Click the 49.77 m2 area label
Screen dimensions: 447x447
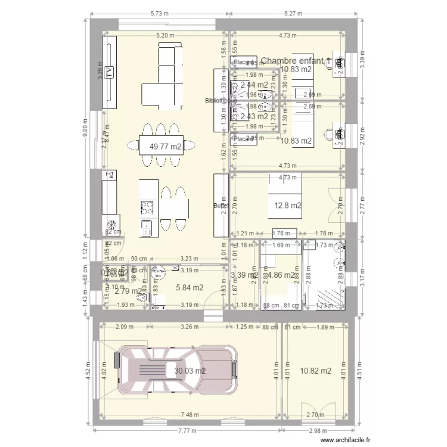166,146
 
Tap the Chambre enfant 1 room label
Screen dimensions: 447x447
294,61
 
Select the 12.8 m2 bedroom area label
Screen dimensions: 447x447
287,206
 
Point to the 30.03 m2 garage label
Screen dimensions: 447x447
190,371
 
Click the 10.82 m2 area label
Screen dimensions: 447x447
316,371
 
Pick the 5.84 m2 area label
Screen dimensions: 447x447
190,287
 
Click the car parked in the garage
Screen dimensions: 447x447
176,370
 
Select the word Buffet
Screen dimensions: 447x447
221,206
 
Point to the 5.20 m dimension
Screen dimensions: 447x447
165,35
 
